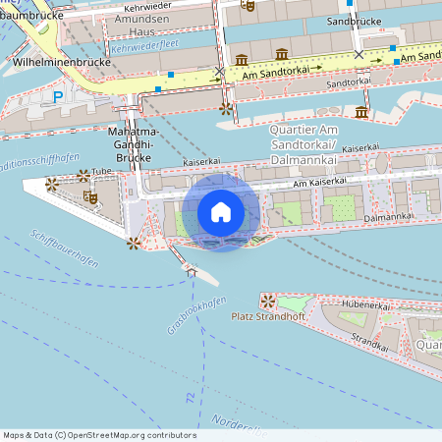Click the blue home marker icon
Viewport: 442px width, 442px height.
221,212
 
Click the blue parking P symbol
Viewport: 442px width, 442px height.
58,96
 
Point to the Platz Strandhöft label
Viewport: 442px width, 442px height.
267,316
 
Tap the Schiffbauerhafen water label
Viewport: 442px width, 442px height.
63,249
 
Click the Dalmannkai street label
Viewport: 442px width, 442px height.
385,216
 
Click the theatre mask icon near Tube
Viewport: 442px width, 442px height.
91,197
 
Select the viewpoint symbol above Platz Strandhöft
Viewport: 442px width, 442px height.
267,299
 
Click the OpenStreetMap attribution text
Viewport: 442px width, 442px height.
99,435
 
